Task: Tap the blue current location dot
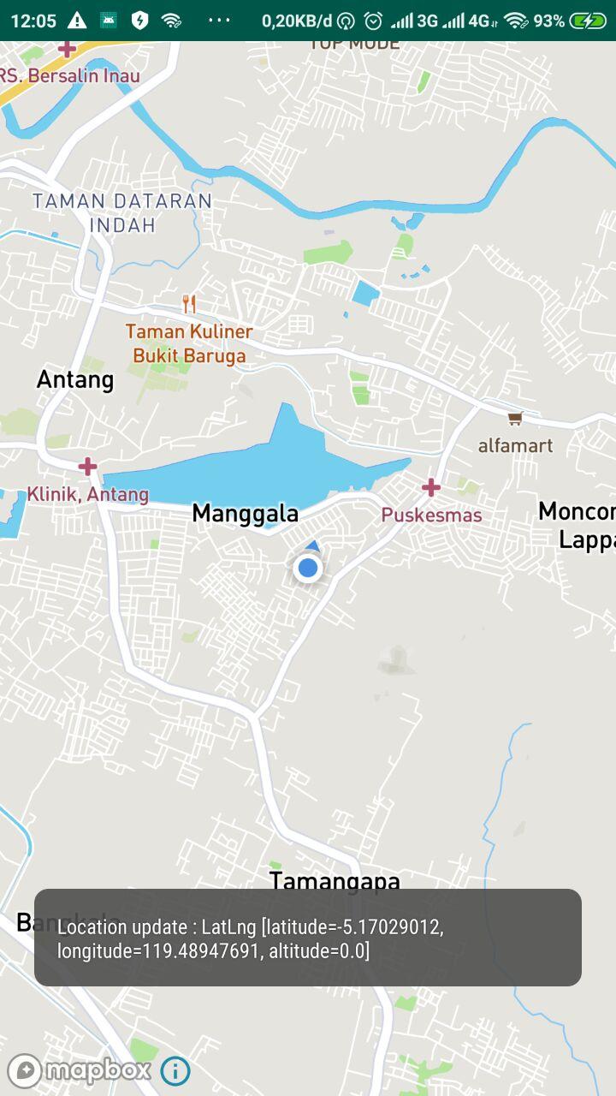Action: click(x=307, y=567)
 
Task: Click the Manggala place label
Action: click(x=246, y=514)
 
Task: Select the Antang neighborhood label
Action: click(x=75, y=379)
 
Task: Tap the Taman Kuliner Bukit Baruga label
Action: click(x=189, y=343)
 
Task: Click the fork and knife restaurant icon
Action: click(x=189, y=303)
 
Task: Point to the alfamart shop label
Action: click(x=515, y=445)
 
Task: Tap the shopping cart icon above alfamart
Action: click(x=514, y=419)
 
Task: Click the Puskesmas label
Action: click(x=431, y=515)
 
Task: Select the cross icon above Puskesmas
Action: click(x=431, y=488)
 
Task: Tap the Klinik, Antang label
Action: click(x=88, y=494)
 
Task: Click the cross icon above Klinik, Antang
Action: click(x=87, y=467)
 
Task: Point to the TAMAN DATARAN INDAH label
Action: click(x=122, y=213)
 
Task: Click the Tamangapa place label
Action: click(x=335, y=880)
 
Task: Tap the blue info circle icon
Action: click(x=175, y=1070)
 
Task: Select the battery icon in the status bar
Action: click(x=588, y=21)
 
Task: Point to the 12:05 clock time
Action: click(x=33, y=21)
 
